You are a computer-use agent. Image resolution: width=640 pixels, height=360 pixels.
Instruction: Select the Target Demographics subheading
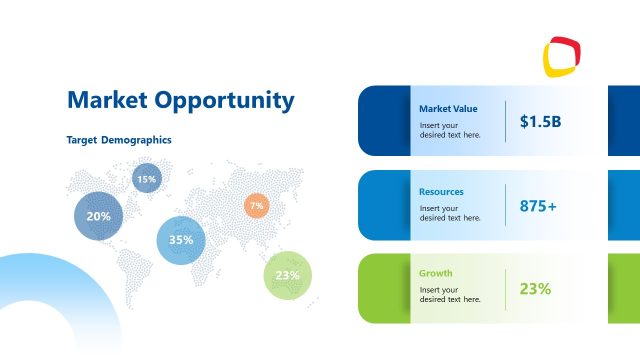tap(119, 140)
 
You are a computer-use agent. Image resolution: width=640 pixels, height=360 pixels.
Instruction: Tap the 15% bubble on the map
tap(147, 179)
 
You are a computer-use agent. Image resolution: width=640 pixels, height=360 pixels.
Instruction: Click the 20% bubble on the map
tap(98, 216)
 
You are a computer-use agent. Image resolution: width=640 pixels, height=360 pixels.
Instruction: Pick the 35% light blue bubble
tap(181, 240)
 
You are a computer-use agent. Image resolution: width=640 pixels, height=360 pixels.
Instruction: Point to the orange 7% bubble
tap(257, 206)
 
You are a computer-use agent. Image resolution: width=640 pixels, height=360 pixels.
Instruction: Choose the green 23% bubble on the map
tap(288, 275)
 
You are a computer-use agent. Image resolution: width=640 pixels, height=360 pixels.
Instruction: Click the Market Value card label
tap(448, 108)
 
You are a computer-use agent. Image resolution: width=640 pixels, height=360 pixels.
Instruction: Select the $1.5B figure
tap(540, 121)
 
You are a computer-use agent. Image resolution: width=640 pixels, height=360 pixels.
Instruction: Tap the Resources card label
tap(441, 191)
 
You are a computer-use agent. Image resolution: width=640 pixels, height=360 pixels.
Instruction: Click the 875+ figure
tap(538, 205)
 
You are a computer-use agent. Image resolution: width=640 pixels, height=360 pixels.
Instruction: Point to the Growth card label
tap(436, 273)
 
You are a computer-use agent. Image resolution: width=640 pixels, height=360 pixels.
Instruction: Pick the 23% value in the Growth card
tap(535, 289)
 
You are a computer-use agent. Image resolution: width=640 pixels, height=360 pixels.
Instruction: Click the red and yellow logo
tap(563, 57)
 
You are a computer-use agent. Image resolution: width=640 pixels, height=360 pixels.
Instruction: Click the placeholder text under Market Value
tap(450, 130)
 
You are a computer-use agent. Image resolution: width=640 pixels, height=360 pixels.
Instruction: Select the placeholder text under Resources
tap(450, 213)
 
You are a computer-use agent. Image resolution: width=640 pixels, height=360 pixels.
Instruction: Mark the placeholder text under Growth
tap(450, 295)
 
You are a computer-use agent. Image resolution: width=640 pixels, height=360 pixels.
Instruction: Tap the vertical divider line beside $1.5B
tap(506, 121)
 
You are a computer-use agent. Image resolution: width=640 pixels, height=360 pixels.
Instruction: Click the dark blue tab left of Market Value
tap(383, 121)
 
